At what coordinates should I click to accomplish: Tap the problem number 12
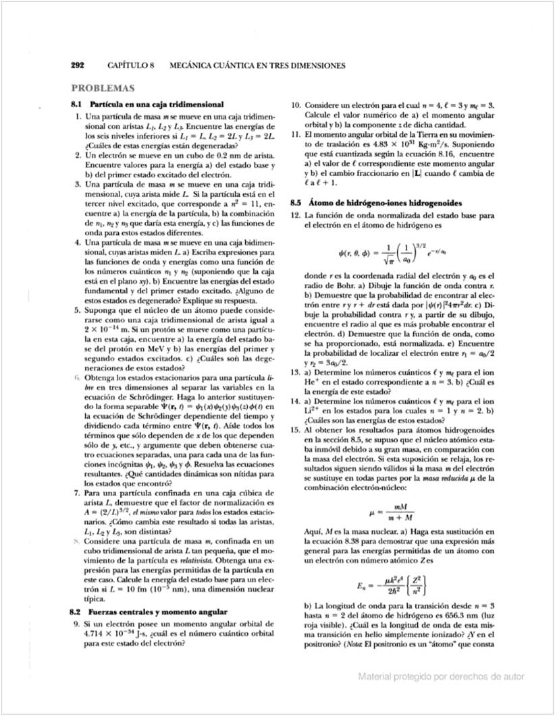[x=295, y=214]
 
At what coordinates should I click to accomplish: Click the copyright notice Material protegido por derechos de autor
[x=441, y=676]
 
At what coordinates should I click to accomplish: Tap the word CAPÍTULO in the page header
[x=128, y=66]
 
